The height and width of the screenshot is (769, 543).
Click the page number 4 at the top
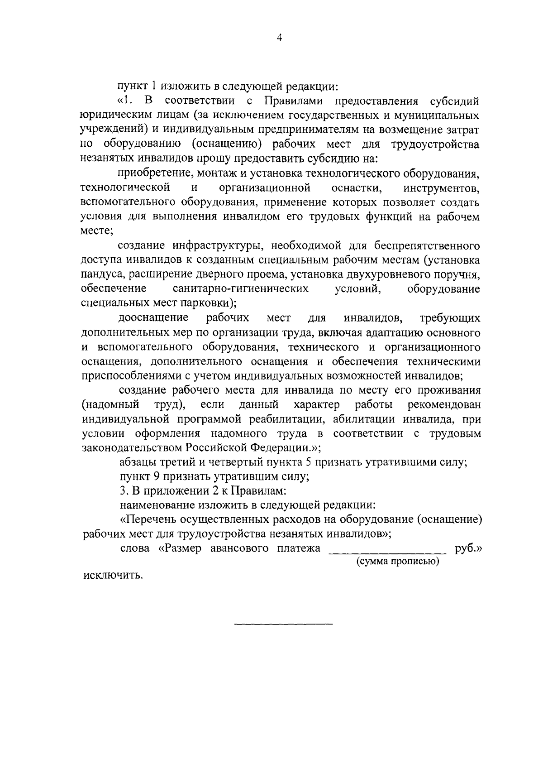[x=279, y=39]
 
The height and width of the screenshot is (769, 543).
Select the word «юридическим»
[x=110, y=115]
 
